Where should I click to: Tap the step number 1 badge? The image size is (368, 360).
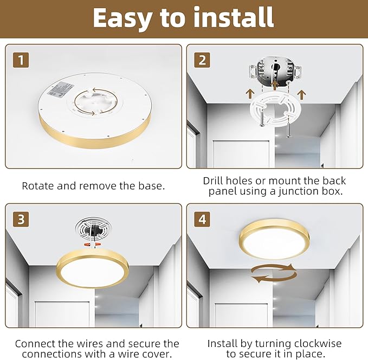pos(20,60)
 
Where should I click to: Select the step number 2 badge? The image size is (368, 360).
pos(202,60)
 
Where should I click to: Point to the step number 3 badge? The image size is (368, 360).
pos(20,219)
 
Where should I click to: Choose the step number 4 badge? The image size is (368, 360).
pos(202,219)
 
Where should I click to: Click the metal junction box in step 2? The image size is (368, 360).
pos(274,70)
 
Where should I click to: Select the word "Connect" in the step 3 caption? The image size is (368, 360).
pos(36,344)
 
